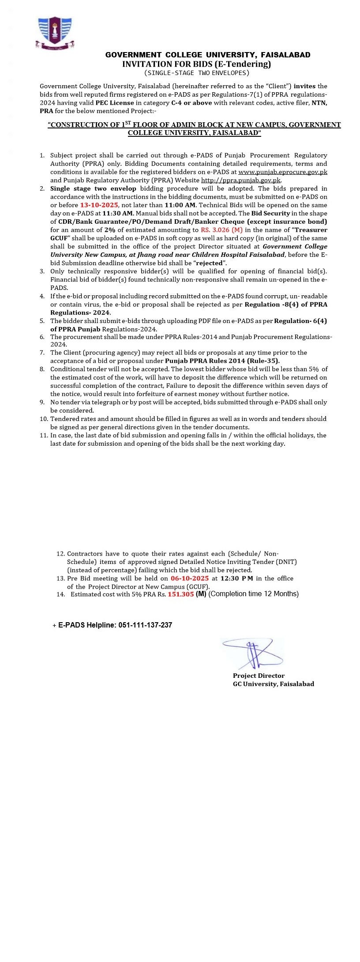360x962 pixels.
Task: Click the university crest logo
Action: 55,33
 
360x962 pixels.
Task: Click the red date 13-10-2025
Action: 99,205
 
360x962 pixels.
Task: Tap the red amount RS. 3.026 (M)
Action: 221,230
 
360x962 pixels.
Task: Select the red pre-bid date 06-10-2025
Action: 190,578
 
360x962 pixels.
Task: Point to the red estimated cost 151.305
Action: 180,594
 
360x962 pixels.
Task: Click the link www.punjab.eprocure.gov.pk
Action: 282,172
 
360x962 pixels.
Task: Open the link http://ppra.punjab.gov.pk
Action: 241,180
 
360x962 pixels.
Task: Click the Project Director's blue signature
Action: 253,654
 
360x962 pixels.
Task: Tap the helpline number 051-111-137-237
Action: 145,625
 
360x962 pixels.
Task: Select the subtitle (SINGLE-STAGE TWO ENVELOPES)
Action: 197,73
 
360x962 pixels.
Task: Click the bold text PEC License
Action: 115,103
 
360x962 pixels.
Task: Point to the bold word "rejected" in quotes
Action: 209,263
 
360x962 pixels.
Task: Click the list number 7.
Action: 42,353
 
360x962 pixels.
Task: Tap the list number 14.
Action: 60,594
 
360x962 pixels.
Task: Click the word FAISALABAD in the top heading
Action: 285,55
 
